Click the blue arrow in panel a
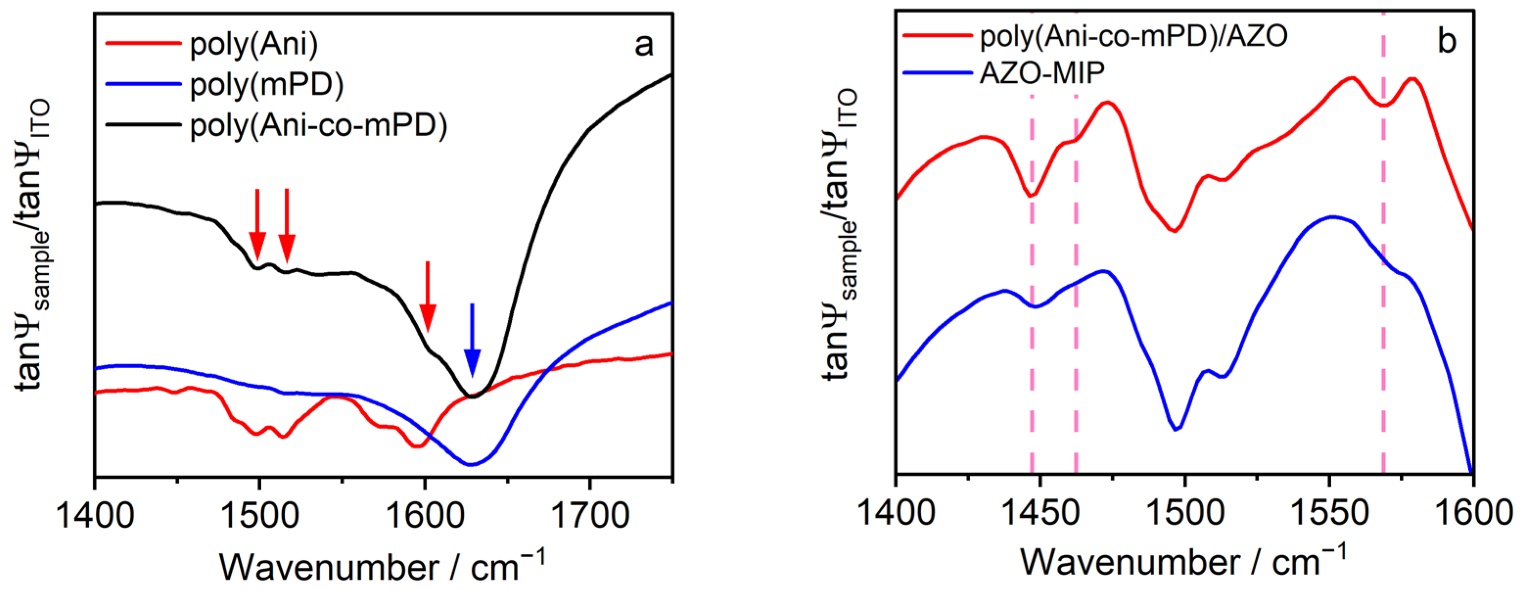coord(472,341)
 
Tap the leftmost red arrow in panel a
coord(257,225)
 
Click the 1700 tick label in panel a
coord(589,516)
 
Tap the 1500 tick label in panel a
coord(259,516)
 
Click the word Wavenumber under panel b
coord(1130,562)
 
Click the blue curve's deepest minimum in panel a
coord(471,465)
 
